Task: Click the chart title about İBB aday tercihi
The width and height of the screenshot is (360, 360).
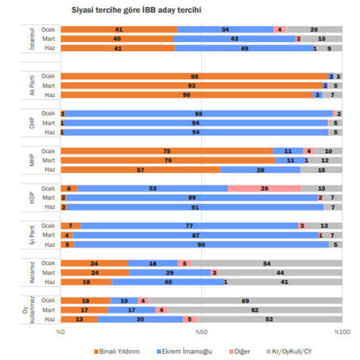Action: (137, 10)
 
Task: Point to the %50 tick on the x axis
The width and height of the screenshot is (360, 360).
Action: (202, 331)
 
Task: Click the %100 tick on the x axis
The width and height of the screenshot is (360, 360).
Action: (341, 331)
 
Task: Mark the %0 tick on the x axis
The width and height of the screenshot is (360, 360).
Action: (61, 331)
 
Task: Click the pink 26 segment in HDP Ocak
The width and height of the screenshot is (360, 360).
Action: (264, 188)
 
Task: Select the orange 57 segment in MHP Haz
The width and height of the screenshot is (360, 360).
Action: (141, 169)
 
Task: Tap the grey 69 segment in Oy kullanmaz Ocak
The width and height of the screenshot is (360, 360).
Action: (246, 301)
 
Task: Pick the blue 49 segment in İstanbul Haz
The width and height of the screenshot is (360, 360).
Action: (244, 48)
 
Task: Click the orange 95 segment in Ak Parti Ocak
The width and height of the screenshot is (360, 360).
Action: (195, 76)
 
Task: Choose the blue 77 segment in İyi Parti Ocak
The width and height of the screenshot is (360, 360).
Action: (189, 226)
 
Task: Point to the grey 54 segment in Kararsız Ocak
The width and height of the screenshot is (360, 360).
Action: (267, 263)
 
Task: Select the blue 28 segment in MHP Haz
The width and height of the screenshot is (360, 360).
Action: (260, 169)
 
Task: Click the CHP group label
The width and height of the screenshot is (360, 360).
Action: (32, 123)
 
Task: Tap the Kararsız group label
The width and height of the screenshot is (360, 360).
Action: (32, 272)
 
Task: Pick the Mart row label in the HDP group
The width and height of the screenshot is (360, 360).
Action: (49, 197)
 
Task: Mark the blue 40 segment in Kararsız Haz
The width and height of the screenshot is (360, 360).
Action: (168, 282)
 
